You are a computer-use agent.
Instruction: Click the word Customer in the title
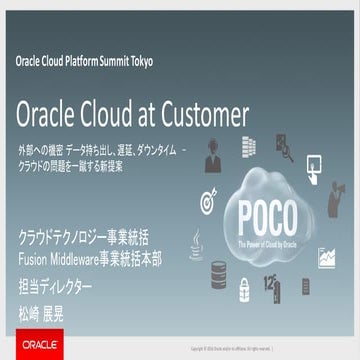(x=205, y=109)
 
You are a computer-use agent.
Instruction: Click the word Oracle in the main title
(x=49, y=109)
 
